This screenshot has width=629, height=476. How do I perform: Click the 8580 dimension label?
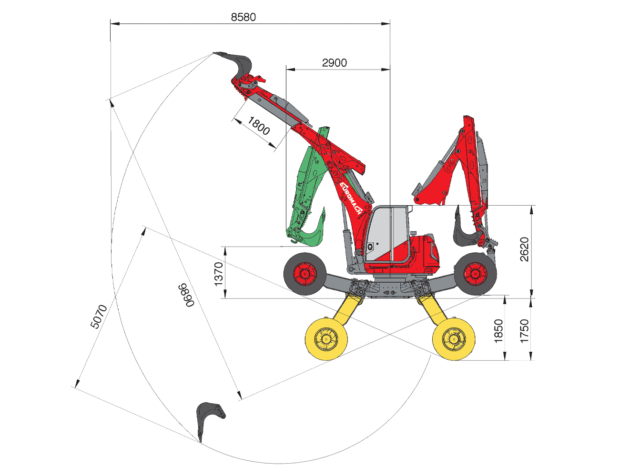[243, 18]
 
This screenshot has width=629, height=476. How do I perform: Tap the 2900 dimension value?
[335, 63]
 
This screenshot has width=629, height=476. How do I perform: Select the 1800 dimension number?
[258, 126]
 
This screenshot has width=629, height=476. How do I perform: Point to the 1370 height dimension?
[218, 274]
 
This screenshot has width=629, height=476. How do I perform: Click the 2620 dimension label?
[524, 249]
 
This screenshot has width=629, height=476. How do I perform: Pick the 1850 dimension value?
[498, 331]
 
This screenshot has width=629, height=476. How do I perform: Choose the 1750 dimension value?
[524, 331]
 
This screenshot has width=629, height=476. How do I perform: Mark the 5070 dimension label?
[98, 317]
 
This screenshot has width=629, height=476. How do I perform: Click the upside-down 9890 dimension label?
[186, 295]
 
